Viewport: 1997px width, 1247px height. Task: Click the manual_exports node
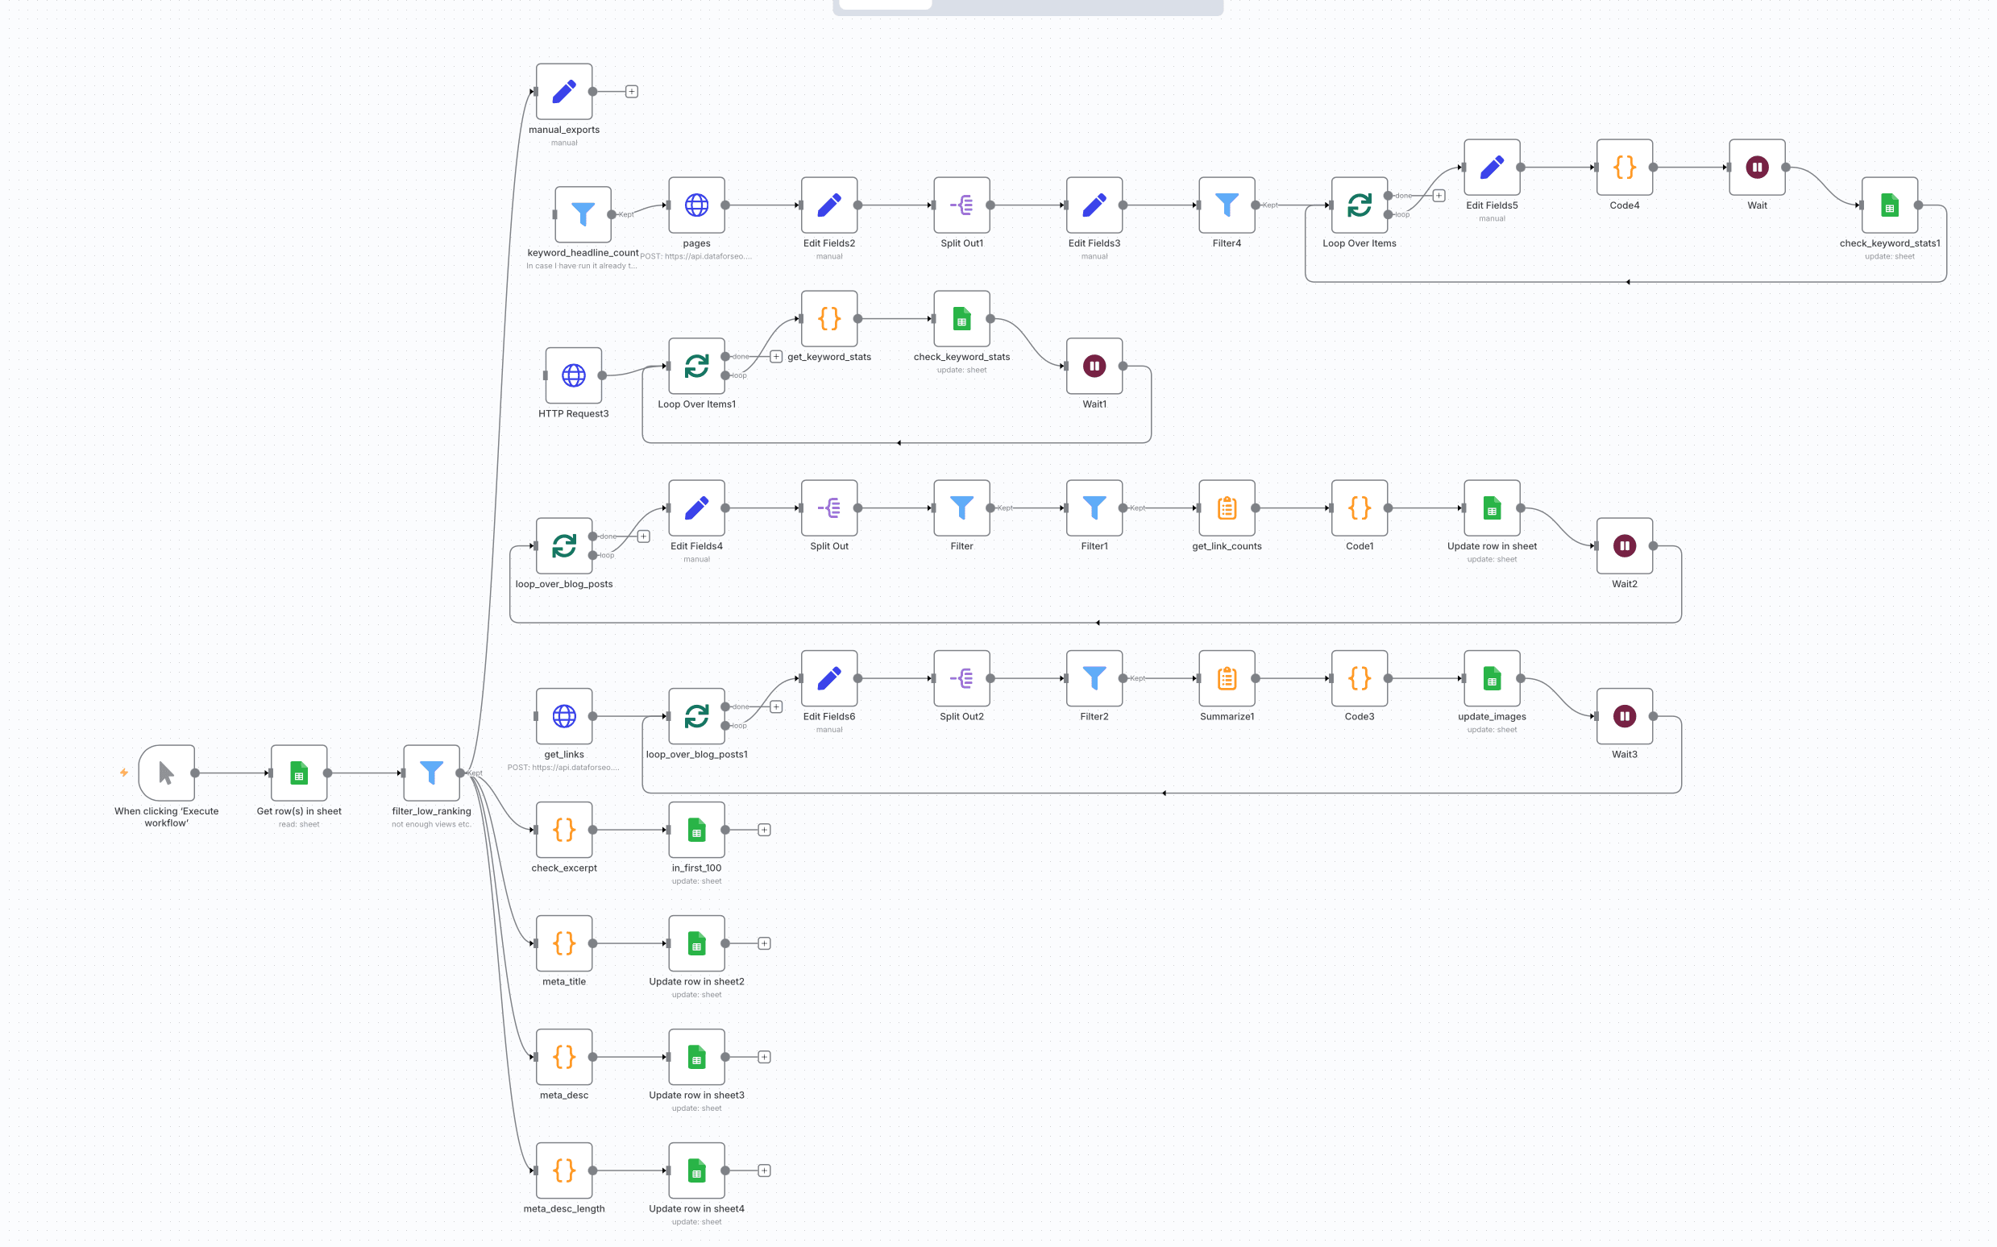[x=564, y=92]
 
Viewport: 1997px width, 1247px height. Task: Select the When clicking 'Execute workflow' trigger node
[x=167, y=773]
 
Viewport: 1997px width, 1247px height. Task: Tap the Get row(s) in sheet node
[x=299, y=773]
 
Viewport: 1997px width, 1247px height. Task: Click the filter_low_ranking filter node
[x=431, y=773]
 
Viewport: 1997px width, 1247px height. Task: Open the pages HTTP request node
[x=697, y=205]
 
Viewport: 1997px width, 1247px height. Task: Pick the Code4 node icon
[x=1624, y=168]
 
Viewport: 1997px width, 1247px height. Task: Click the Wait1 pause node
[x=1094, y=367]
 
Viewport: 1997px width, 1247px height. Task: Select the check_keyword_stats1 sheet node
[x=1890, y=205]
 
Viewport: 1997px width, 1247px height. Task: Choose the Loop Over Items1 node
[x=697, y=367]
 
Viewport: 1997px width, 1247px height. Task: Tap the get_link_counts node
[x=1227, y=508]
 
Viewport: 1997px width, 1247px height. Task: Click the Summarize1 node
[x=1227, y=679]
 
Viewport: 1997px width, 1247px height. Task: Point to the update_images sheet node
[x=1492, y=679]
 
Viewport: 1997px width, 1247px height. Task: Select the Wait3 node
[x=1624, y=717]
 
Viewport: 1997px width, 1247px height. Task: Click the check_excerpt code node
[x=564, y=830]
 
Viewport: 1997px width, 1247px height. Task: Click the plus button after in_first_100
[x=765, y=830]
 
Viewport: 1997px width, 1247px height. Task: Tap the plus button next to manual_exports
[x=632, y=92]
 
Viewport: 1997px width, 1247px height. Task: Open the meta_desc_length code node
[x=564, y=1170]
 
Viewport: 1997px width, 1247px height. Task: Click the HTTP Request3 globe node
[x=573, y=376]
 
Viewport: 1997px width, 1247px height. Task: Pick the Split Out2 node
[x=961, y=679]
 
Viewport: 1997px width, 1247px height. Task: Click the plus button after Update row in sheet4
[x=765, y=1170]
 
